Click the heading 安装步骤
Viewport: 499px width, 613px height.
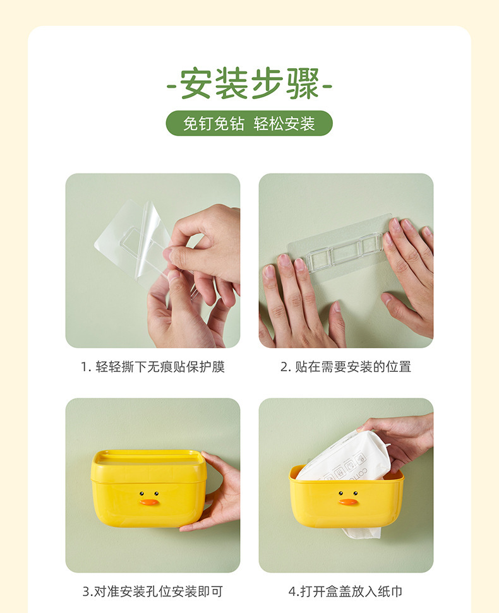coord(249,84)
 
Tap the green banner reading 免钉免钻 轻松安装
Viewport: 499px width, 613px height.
coord(249,123)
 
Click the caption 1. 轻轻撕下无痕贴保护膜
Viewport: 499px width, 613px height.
coord(152,367)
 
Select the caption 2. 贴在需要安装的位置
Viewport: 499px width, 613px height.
coord(346,367)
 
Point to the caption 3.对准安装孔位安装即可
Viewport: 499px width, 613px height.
coord(152,592)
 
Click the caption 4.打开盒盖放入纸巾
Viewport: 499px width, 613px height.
coord(346,592)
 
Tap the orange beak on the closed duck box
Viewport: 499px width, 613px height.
coord(150,503)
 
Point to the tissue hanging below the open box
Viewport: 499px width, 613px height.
coord(362,532)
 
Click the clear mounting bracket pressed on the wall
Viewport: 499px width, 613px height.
coord(344,251)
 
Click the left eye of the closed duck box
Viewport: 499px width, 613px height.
coord(141,494)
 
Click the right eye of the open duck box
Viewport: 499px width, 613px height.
coord(356,494)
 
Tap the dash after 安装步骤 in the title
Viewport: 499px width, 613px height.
coord(328,86)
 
